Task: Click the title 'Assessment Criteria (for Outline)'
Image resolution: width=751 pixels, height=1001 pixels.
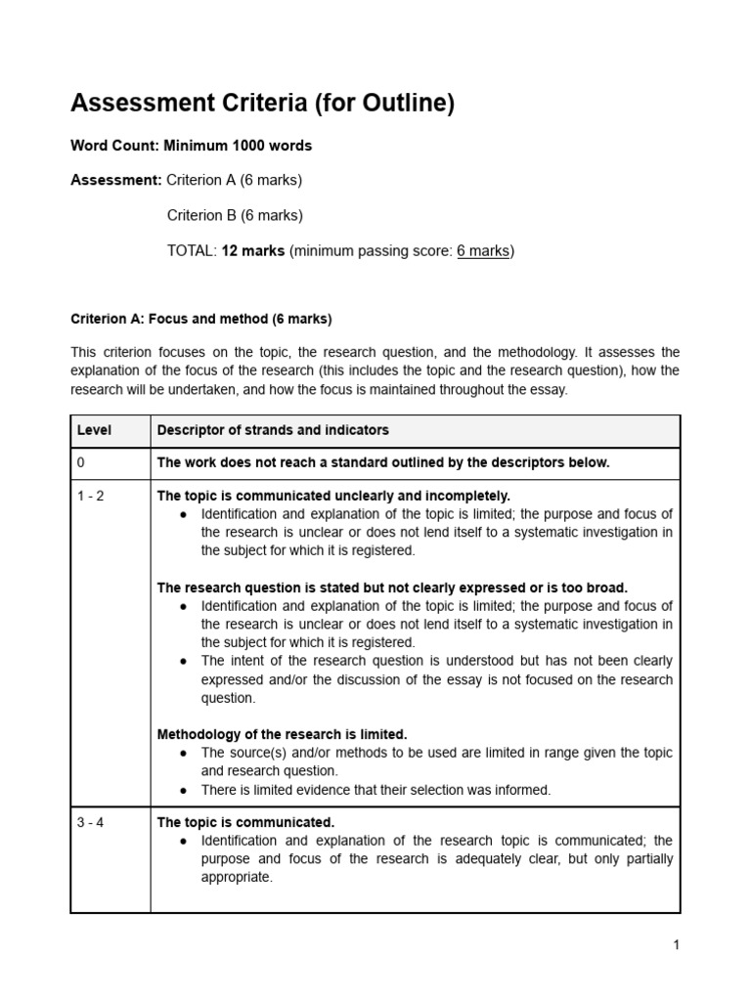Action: tap(262, 104)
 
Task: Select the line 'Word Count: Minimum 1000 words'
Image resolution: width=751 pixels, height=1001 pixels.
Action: tap(191, 146)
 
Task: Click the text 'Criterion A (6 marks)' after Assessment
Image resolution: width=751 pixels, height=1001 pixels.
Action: tap(235, 180)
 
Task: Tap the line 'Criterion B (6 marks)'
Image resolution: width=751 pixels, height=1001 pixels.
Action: tap(235, 215)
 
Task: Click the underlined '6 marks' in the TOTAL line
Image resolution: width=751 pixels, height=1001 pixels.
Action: tap(483, 250)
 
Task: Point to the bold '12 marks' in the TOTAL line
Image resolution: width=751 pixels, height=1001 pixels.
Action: tap(253, 250)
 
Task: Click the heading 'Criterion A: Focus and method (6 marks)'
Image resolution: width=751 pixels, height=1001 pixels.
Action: tap(200, 319)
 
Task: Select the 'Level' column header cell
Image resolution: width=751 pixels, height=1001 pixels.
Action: tap(95, 430)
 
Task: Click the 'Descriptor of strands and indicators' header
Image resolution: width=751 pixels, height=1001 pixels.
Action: tap(273, 430)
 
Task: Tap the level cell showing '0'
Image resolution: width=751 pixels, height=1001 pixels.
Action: tap(82, 462)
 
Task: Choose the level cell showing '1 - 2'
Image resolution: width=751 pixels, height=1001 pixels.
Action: tap(91, 496)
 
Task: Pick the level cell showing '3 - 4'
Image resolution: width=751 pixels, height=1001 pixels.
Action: tap(91, 822)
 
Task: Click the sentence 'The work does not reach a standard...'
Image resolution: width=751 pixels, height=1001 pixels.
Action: tap(383, 462)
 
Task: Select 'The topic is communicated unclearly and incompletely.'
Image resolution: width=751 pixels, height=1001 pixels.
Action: tap(333, 496)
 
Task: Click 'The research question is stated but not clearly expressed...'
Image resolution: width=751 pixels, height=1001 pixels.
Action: tap(392, 588)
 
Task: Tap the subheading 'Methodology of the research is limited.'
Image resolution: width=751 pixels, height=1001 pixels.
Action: tap(282, 734)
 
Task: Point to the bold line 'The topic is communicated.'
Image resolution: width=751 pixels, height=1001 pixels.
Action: tap(245, 822)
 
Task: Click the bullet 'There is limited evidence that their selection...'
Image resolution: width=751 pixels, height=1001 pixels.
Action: tap(375, 789)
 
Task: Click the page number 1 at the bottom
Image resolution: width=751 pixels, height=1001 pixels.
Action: tap(676, 944)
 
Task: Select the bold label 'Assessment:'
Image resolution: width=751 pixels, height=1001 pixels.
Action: tap(116, 180)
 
